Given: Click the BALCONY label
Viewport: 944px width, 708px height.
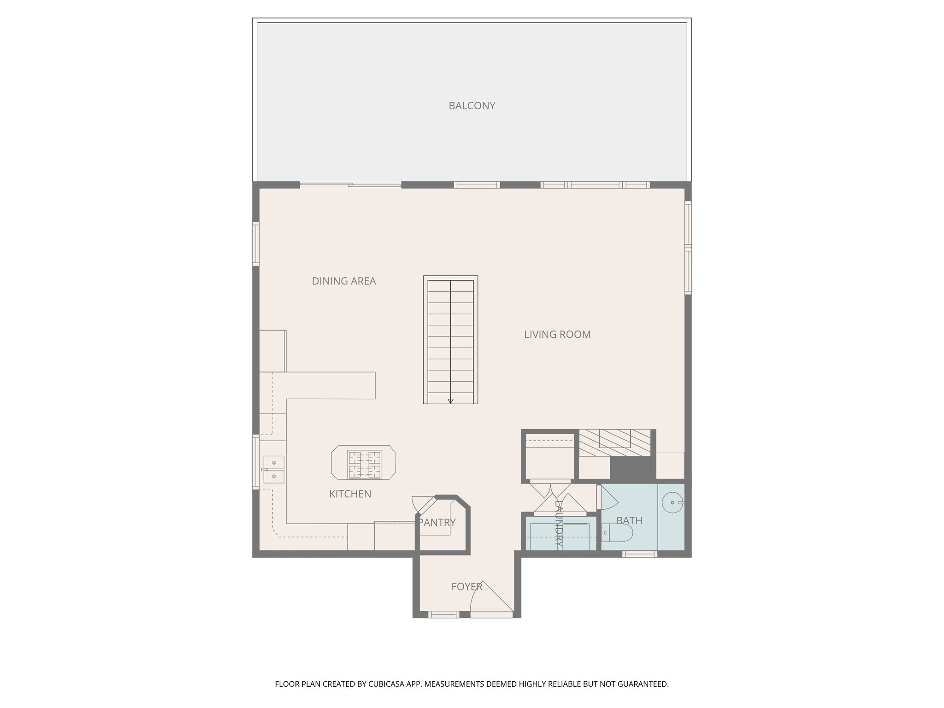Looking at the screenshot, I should click(x=472, y=106).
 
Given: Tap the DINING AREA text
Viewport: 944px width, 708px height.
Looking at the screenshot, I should click(x=344, y=281).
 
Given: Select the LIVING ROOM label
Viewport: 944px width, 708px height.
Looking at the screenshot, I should click(x=557, y=334).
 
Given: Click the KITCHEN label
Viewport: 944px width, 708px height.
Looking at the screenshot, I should click(x=350, y=494).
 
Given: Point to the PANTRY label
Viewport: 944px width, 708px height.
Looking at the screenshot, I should click(x=437, y=522).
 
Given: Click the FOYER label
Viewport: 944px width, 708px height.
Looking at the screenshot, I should click(x=466, y=586).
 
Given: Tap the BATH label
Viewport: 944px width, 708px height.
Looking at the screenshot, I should click(x=629, y=520).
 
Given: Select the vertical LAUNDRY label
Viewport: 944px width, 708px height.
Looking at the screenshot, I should click(x=559, y=524).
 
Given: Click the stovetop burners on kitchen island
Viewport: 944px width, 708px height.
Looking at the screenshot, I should click(x=364, y=464).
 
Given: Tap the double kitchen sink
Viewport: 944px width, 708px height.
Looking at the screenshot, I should click(x=274, y=469).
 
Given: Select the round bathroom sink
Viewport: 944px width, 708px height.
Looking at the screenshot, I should click(x=673, y=501).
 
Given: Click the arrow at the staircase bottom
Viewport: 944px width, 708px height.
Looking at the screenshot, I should click(x=450, y=401).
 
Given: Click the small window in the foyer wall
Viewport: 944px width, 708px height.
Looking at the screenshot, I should click(x=443, y=614).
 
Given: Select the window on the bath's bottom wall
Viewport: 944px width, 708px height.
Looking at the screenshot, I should click(x=639, y=554).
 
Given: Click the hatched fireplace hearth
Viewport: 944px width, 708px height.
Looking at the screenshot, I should click(x=614, y=442).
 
